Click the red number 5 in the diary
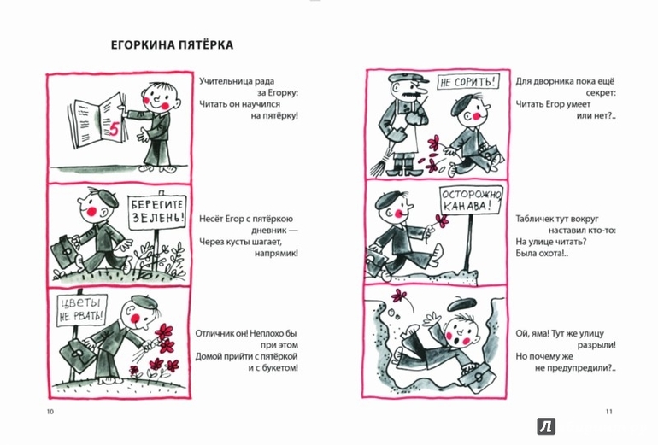(x=114, y=129)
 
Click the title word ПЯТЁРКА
(x=203, y=44)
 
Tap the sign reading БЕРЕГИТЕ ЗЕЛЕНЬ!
(x=157, y=212)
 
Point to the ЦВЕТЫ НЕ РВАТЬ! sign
(x=81, y=310)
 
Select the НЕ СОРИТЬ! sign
(x=468, y=81)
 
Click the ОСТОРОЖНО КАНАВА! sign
(x=471, y=200)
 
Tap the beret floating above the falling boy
(x=465, y=304)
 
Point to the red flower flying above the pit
(x=398, y=296)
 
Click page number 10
(x=50, y=412)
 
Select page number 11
(x=609, y=412)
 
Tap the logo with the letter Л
(x=546, y=426)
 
